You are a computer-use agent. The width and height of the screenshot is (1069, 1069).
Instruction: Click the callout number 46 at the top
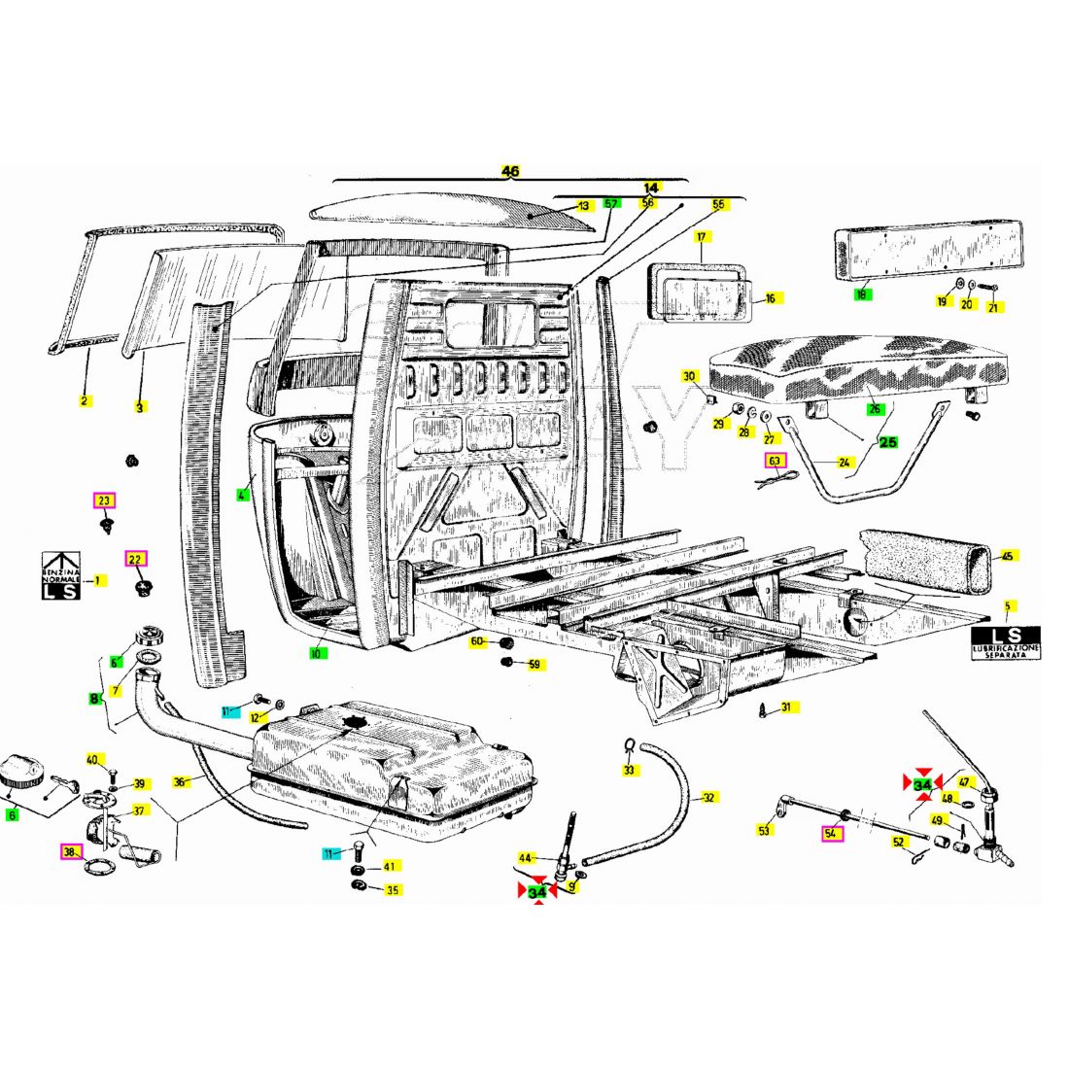click(510, 171)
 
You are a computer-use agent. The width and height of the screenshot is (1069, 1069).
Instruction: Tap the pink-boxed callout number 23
click(104, 500)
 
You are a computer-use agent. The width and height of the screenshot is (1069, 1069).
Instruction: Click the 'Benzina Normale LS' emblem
click(59, 576)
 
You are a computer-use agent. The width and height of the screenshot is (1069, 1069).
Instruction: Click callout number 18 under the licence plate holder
click(861, 293)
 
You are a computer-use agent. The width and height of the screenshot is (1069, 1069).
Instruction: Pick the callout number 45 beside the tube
click(1008, 556)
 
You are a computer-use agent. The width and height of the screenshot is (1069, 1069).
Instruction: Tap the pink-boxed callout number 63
click(775, 461)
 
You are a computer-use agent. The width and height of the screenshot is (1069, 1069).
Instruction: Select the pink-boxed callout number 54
click(832, 833)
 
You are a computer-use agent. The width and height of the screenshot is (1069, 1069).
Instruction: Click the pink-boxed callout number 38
click(69, 852)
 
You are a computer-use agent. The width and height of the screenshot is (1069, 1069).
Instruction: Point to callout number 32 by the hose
click(708, 798)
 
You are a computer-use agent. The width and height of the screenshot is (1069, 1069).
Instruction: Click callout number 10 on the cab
click(316, 654)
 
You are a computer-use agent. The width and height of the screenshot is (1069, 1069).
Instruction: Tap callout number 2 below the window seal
click(85, 400)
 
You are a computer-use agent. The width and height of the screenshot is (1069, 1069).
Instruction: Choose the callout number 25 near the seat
click(888, 442)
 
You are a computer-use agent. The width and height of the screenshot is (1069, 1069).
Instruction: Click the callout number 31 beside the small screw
click(785, 707)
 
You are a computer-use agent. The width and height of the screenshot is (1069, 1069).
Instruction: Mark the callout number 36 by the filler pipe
click(180, 781)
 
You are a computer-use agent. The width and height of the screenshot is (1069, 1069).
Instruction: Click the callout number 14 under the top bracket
click(651, 187)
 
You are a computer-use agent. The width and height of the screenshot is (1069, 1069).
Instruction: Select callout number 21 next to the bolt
click(992, 307)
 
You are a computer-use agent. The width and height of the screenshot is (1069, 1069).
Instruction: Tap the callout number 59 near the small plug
click(534, 665)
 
